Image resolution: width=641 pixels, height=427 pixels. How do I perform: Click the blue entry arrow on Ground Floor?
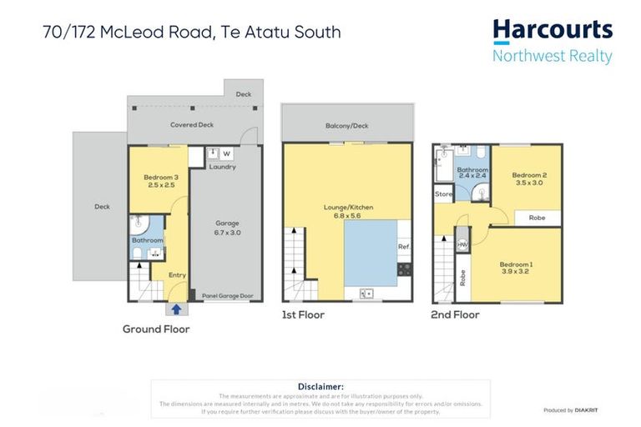(176, 309)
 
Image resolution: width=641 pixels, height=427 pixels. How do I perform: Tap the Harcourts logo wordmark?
(553, 31)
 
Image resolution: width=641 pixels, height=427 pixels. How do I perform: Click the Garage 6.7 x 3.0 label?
(227, 228)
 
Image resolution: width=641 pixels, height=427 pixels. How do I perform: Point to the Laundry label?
(222, 167)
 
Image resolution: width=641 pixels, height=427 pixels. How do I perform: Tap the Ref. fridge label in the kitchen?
(403, 247)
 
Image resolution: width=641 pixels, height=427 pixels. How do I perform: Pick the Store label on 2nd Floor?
(443, 194)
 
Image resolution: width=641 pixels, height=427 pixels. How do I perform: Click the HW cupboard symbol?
(462, 244)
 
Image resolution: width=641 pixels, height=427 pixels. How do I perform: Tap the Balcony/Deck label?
(346, 126)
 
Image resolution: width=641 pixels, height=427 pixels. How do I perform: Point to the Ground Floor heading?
(156, 329)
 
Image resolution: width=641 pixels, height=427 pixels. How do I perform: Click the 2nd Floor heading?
(455, 315)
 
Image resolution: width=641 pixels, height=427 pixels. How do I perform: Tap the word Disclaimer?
(320, 386)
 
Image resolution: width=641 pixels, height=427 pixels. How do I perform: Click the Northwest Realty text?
(552, 57)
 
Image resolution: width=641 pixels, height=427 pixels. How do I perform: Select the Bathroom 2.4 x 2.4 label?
(472, 173)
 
